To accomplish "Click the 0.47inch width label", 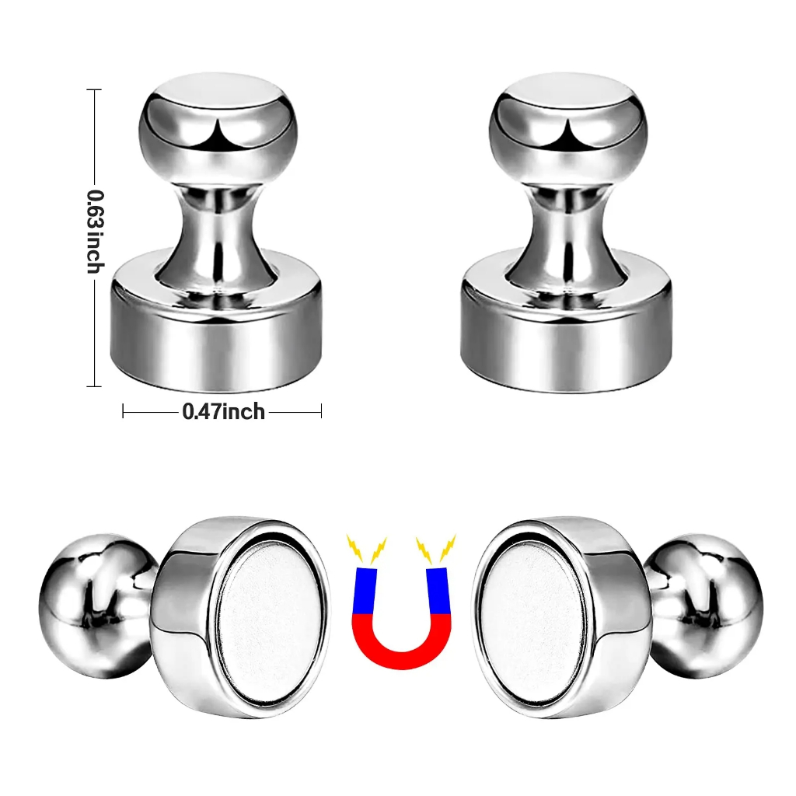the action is [x=223, y=411].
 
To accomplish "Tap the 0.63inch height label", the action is [x=95, y=232].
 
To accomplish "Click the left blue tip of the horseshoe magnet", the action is [x=365, y=591].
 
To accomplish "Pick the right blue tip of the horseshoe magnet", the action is [x=438, y=591].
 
